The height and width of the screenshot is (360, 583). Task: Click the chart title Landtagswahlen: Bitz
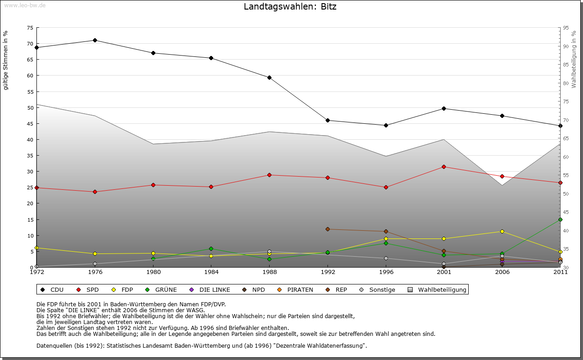290,7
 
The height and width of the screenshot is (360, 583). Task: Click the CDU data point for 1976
95,41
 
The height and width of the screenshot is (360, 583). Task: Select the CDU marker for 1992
327,121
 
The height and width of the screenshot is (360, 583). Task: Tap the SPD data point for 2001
444,167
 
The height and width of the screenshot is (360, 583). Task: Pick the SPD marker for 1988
269,175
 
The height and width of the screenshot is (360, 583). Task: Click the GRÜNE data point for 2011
560,220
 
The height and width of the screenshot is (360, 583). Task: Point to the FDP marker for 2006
502,232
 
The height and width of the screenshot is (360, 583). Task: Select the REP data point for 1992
327,229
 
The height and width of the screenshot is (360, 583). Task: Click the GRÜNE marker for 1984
211,249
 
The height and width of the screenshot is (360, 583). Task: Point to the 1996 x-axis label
386,273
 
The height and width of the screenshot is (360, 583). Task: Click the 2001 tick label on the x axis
444,273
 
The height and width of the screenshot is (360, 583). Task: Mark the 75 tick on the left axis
30,28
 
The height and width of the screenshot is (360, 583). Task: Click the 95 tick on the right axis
566,28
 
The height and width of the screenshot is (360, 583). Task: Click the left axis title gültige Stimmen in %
6,60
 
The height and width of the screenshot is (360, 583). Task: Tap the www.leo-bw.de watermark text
25,5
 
